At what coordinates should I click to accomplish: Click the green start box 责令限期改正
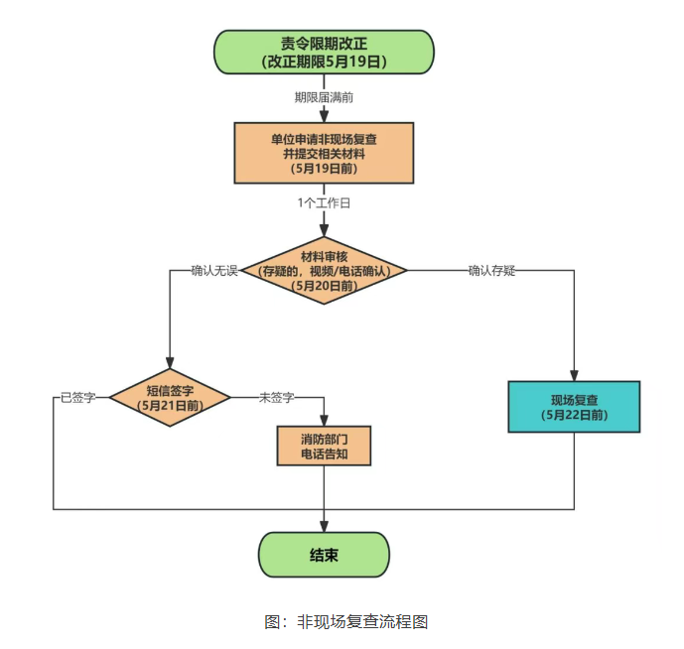(x=324, y=52)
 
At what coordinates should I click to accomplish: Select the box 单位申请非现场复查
(x=324, y=153)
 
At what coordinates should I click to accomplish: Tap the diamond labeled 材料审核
(x=324, y=270)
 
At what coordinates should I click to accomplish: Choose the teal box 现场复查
(x=574, y=406)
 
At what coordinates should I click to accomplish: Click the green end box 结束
(x=324, y=555)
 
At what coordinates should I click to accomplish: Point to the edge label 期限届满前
(x=324, y=97)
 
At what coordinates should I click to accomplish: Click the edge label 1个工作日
(x=324, y=202)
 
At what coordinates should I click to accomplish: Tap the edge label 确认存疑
(x=492, y=270)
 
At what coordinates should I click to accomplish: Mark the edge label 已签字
(x=77, y=398)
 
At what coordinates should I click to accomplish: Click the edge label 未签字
(x=276, y=398)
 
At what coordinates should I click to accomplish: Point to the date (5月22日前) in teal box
(x=574, y=415)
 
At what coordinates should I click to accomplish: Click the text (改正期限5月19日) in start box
(x=324, y=61)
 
